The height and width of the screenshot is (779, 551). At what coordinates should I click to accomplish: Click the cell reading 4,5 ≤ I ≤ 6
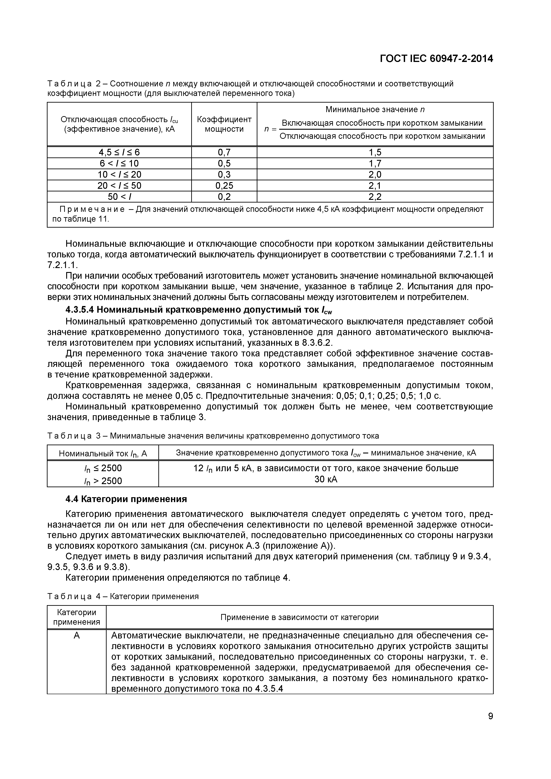tap(119, 152)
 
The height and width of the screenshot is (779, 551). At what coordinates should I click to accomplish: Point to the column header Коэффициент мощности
tap(224, 124)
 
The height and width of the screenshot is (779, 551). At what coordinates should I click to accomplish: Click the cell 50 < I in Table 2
tap(119, 197)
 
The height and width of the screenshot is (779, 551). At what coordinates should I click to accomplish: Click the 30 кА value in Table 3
tap(326, 479)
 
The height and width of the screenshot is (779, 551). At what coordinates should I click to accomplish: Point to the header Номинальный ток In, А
tap(103, 453)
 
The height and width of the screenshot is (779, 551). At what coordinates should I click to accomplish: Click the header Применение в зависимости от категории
tap(299, 617)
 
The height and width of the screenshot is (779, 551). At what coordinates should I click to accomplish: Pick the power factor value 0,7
tap(224, 152)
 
